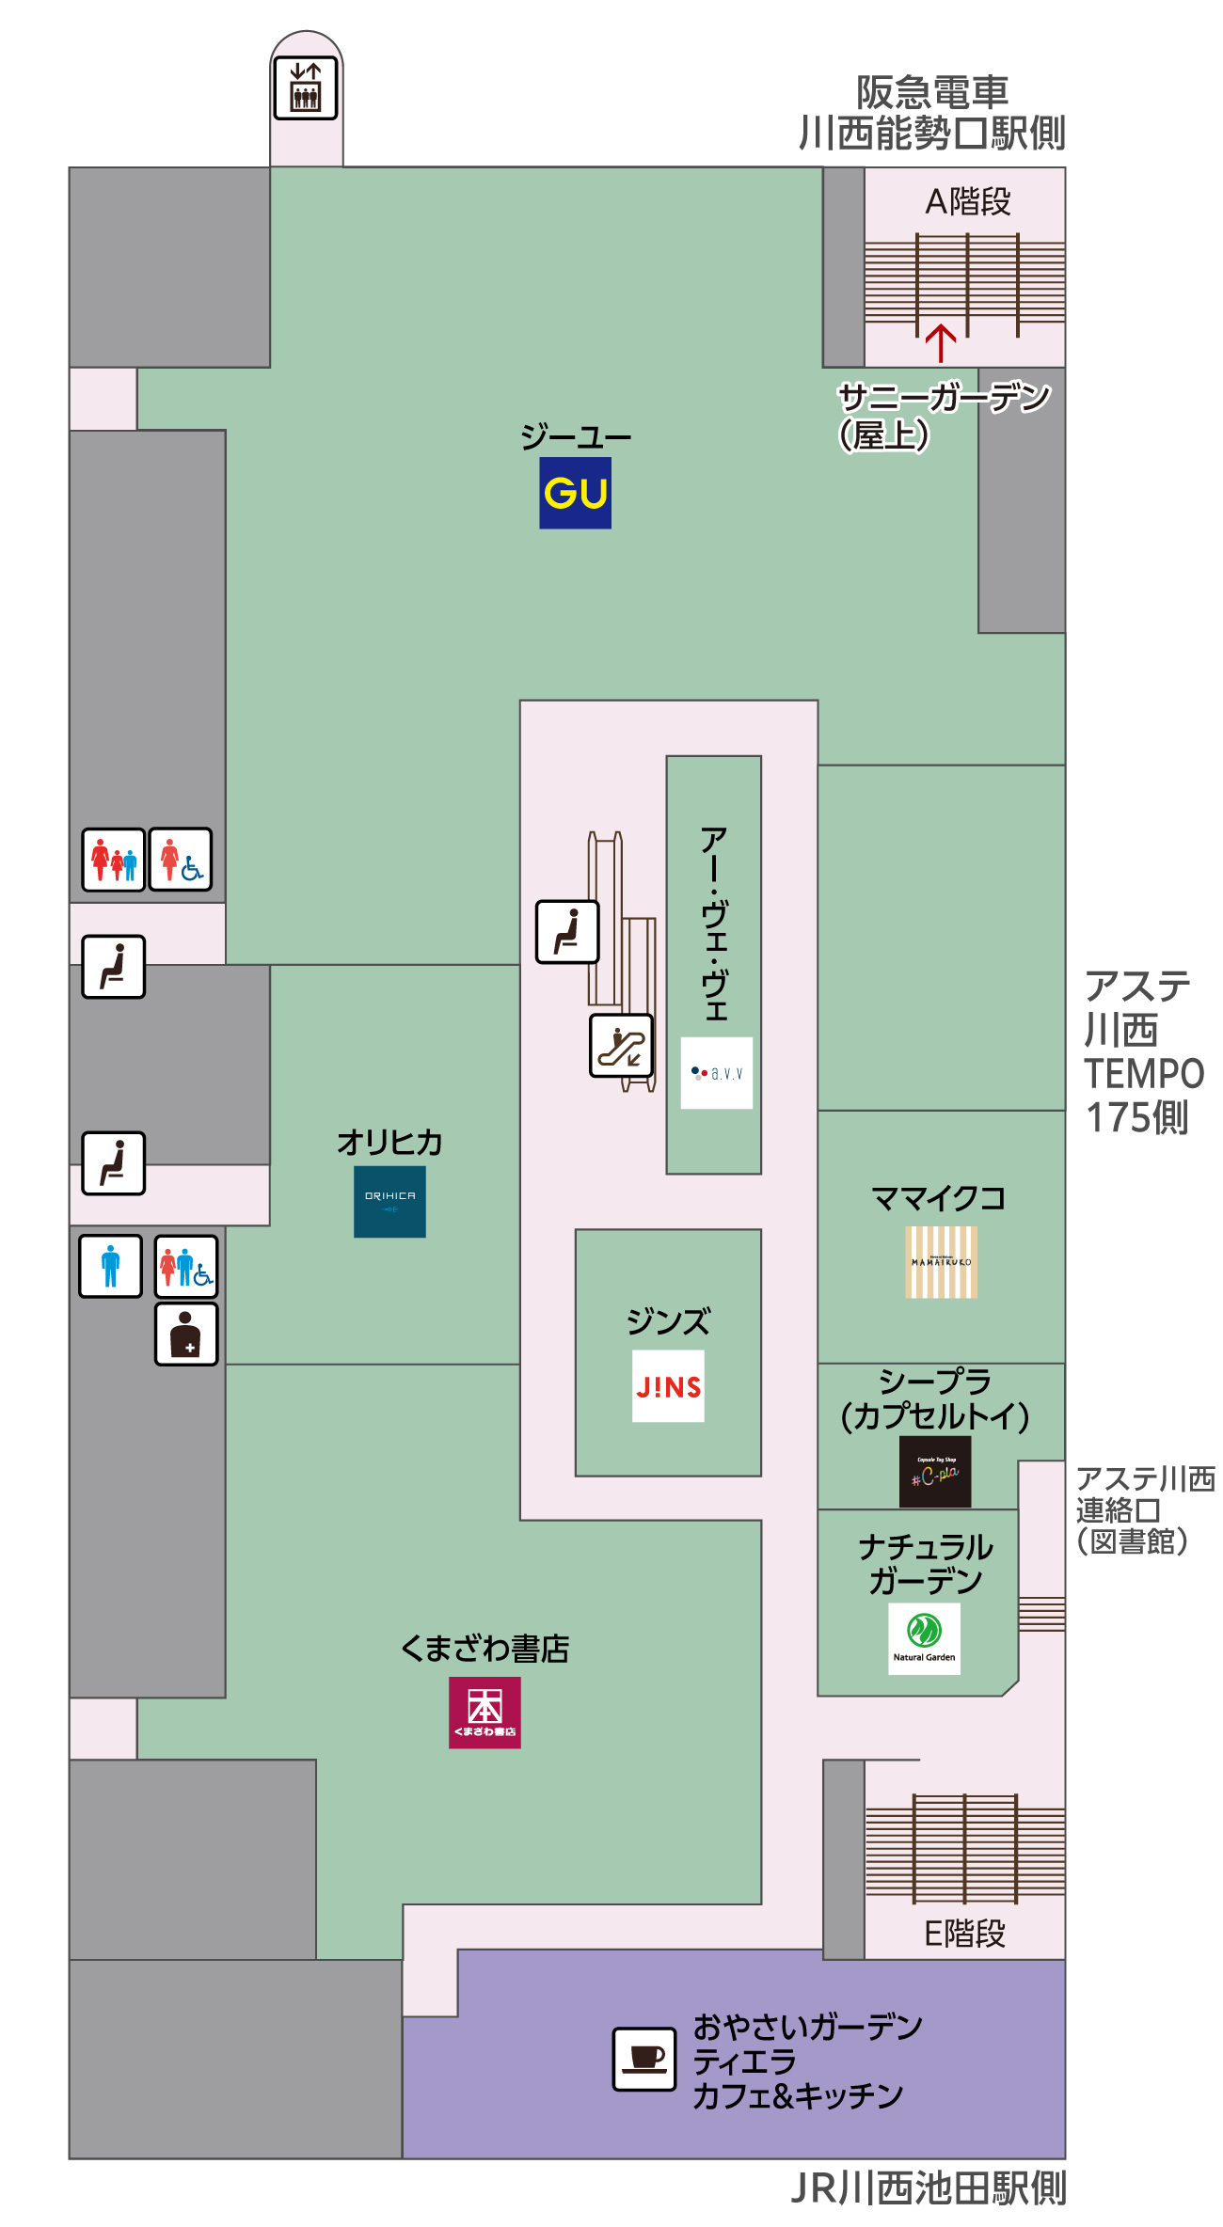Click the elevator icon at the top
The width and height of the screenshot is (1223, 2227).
305,87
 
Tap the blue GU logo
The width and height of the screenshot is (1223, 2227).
575,493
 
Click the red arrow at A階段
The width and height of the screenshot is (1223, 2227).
941,342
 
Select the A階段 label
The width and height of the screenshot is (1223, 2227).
967,201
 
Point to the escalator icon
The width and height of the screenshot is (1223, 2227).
621,1045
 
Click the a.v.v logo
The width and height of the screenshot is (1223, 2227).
716,1073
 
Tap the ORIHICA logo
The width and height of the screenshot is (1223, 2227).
389,1201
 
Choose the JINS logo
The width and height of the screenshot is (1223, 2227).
668,1385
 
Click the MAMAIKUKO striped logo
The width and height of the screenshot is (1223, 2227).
941,1261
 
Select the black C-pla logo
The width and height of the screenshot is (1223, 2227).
935,1472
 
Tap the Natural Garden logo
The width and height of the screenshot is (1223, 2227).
924,1638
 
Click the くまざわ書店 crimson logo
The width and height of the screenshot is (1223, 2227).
484,1712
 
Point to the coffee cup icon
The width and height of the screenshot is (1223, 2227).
644,2058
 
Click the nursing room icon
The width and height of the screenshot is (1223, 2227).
186,1334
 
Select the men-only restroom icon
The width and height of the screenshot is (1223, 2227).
111,1266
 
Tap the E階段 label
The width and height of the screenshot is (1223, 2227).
965,1934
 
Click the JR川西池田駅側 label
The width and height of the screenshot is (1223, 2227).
929,2188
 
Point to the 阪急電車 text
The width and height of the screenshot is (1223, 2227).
931,92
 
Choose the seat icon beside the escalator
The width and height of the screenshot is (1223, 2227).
567,931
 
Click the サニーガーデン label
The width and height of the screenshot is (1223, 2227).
944,398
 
